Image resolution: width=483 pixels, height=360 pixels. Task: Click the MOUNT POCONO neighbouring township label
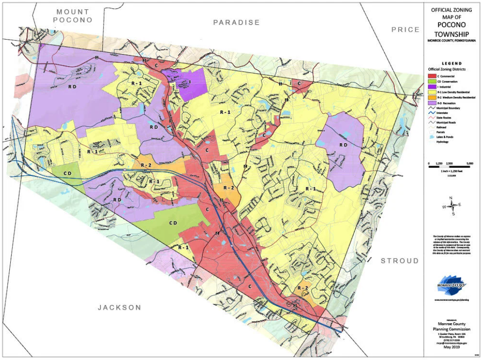pyautogui.click(x=73, y=15)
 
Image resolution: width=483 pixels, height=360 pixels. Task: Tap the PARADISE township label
pyautogui.click(x=236, y=22)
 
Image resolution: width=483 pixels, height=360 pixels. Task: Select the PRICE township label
pyautogui.click(x=405, y=29)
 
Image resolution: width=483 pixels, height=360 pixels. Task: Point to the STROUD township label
pyautogui.click(x=399, y=261)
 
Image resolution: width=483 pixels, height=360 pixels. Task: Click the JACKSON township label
pyautogui.click(x=119, y=307)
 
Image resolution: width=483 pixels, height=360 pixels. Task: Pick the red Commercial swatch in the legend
pyautogui.click(x=431, y=76)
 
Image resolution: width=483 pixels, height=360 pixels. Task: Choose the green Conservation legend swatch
pyautogui.click(x=431, y=82)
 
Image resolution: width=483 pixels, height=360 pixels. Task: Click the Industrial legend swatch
pyautogui.click(x=431, y=87)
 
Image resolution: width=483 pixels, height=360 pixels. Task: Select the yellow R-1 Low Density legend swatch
pyautogui.click(x=431, y=93)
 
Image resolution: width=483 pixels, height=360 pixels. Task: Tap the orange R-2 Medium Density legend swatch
pyautogui.click(x=431, y=98)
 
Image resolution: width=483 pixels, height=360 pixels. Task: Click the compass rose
pyautogui.click(x=451, y=205)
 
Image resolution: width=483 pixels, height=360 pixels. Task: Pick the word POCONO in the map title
pyautogui.click(x=451, y=26)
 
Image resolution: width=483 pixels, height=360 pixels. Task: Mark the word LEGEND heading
pyautogui.click(x=451, y=63)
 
